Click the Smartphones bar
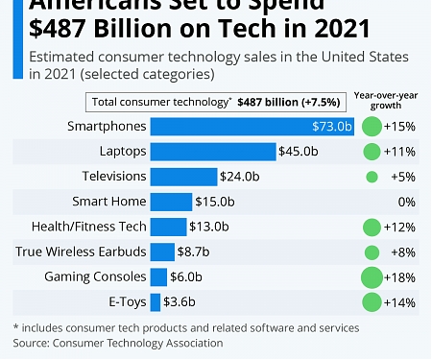click(246, 126)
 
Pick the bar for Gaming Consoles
click(159, 276)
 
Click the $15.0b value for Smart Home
click(215, 201)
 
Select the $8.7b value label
click(196, 252)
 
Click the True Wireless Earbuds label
click(81, 252)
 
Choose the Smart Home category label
click(109, 201)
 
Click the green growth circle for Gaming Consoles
click(372, 276)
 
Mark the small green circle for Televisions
click(372, 176)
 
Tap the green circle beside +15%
click(372, 126)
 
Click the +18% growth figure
click(399, 276)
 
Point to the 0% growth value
click(405, 201)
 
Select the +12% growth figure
click(399, 226)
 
